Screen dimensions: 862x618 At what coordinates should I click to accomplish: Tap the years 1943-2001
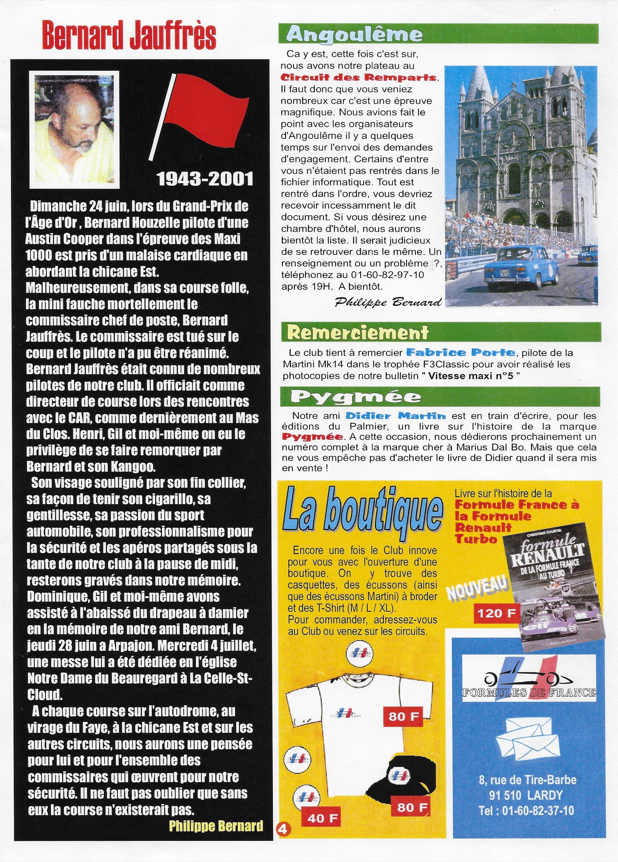(205, 179)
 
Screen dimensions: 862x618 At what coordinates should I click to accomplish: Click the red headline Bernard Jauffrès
(129, 36)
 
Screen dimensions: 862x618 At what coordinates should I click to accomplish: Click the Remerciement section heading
(358, 332)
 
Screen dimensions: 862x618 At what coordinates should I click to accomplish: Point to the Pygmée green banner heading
(356, 397)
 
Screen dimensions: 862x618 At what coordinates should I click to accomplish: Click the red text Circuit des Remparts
(359, 78)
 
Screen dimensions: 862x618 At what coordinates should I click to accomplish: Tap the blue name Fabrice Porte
(460, 352)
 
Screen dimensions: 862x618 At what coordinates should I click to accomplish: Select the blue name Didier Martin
(396, 416)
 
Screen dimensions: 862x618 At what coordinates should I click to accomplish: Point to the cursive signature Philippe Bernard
(388, 302)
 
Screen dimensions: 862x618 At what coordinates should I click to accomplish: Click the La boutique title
(363, 513)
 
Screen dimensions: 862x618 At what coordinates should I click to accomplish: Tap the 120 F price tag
(497, 613)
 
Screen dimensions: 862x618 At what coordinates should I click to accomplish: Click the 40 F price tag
(323, 818)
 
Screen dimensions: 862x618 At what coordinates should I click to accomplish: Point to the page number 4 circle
(283, 829)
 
